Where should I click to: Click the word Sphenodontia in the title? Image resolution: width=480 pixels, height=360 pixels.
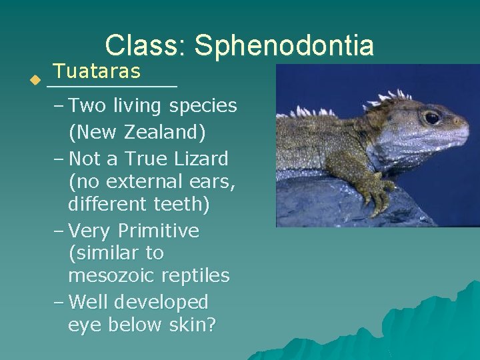pyautogui.click(x=285, y=45)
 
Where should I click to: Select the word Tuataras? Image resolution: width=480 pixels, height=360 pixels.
pyautogui.click(x=97, y=71)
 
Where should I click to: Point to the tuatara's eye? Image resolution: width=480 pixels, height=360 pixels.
pyautogui.click(x=432, y=117)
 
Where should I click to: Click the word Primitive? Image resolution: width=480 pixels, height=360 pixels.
pyautogui.click(x=158, y=231)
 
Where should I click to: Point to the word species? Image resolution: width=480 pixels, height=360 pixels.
pyautogui.click(x=203, y=106)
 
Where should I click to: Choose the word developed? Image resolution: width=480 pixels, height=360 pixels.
pyautogui.click(x=161, y=302)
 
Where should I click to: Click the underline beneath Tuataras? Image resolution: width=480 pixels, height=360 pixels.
pyautogui.click(x=112, y=87)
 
